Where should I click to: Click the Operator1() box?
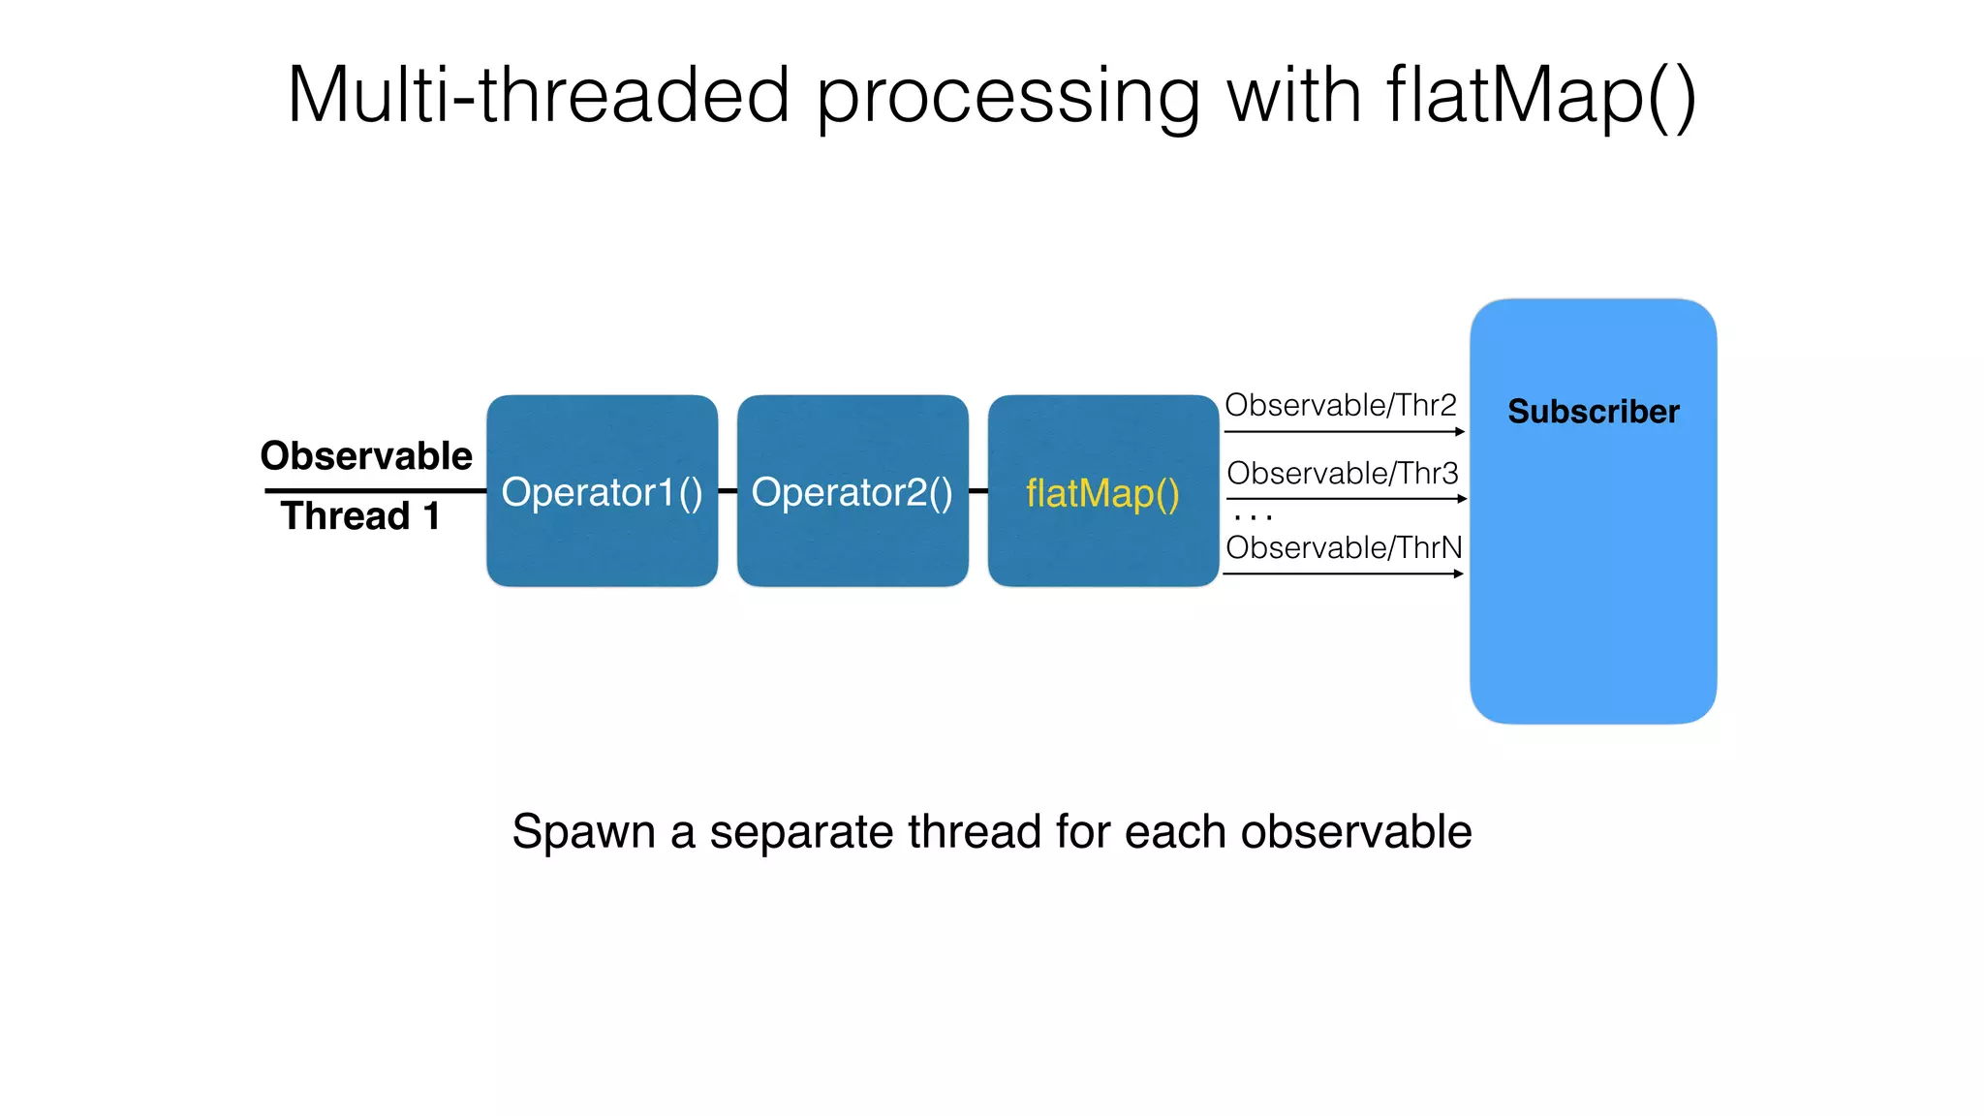pos(602,491)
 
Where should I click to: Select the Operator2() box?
pos(852,491)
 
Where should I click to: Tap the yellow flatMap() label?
pos(1102,493)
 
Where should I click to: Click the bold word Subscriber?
pos(1593,412)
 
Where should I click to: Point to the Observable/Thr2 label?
pos(1341,405)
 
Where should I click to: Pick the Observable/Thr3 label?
pos(1342,474)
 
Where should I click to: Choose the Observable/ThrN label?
pos(1344,547)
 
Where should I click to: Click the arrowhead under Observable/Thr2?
pos(1460,432)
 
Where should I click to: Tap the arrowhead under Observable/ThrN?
pos(1458,573)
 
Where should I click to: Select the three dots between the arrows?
pos(1254,517)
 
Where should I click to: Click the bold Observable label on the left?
pos(366,455)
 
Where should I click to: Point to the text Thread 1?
pos(360,515)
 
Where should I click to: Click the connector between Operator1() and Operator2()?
pos(728,491)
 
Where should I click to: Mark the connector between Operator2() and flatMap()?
pos(978,491)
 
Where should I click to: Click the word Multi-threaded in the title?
pos(539,95)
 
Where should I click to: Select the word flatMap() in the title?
pos(1540,95)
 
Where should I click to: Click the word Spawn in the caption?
pos(583,831)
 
